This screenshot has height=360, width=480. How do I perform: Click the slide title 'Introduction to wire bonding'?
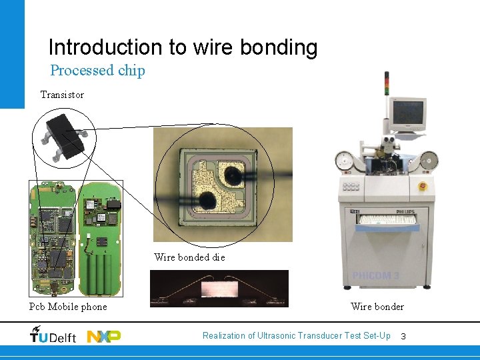(x=183, y=47)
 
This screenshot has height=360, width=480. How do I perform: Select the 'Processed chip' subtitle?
(x=97, y=70)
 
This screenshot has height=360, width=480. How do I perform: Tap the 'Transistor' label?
(x=62, y=95)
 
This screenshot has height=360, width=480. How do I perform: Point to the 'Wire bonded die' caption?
(x=189, y=257)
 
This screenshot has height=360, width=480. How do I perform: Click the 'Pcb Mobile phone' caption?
(x=68, y=307)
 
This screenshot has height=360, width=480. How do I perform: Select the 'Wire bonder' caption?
(x=377, y=307)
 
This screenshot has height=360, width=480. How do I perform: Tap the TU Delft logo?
(x=53, y=336)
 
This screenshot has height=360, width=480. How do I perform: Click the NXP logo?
(x=104, y=336)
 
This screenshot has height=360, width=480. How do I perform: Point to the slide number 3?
(x=403, y=336)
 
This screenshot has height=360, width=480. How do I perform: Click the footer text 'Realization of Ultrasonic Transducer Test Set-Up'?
(x=297, y=335)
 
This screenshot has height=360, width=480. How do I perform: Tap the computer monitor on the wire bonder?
(x=408, y=113)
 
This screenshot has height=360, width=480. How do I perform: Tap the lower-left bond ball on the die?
(x=207, y=199)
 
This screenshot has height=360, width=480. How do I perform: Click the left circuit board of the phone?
(x=53, y=238)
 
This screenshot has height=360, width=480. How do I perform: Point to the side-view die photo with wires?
(x=219, y=288)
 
